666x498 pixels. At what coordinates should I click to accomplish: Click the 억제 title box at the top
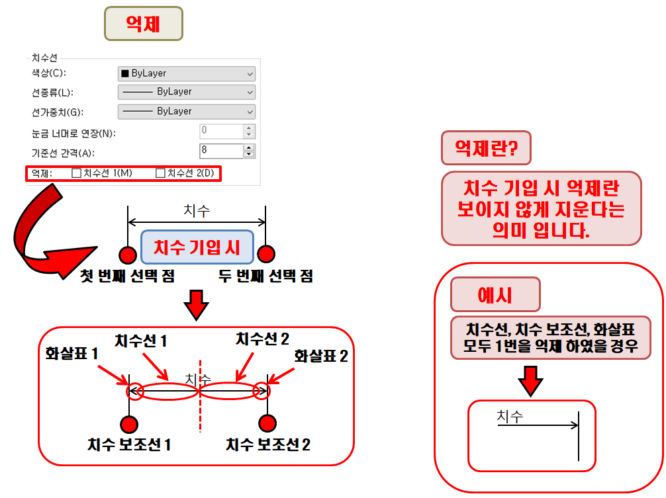coord(143,24)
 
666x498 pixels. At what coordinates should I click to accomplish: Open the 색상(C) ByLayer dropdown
coord(186,73)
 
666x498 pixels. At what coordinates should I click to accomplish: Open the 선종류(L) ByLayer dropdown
coord(186,92)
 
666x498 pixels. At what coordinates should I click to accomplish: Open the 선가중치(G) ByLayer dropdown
coord(186,111)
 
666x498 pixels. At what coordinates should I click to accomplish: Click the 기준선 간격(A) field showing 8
coord(221,151)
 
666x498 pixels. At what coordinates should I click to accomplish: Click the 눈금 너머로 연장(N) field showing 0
coord(221,131)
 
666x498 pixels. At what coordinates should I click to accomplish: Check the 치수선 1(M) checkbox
coord(76,173)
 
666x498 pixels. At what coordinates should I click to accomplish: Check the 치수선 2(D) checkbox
coord(160,173)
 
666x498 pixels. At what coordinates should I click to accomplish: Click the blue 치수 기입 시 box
coord(197,247)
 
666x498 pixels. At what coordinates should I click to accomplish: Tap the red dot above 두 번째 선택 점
coord(266,254)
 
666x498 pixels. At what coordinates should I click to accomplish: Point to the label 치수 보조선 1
coord(129,445)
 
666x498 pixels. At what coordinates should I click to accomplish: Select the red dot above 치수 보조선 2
coord(267,423)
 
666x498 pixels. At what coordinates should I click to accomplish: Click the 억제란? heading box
coord(486,148)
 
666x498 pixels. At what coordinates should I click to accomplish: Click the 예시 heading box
coord(495,295)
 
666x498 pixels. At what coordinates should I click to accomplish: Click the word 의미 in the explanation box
coord(506,230)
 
